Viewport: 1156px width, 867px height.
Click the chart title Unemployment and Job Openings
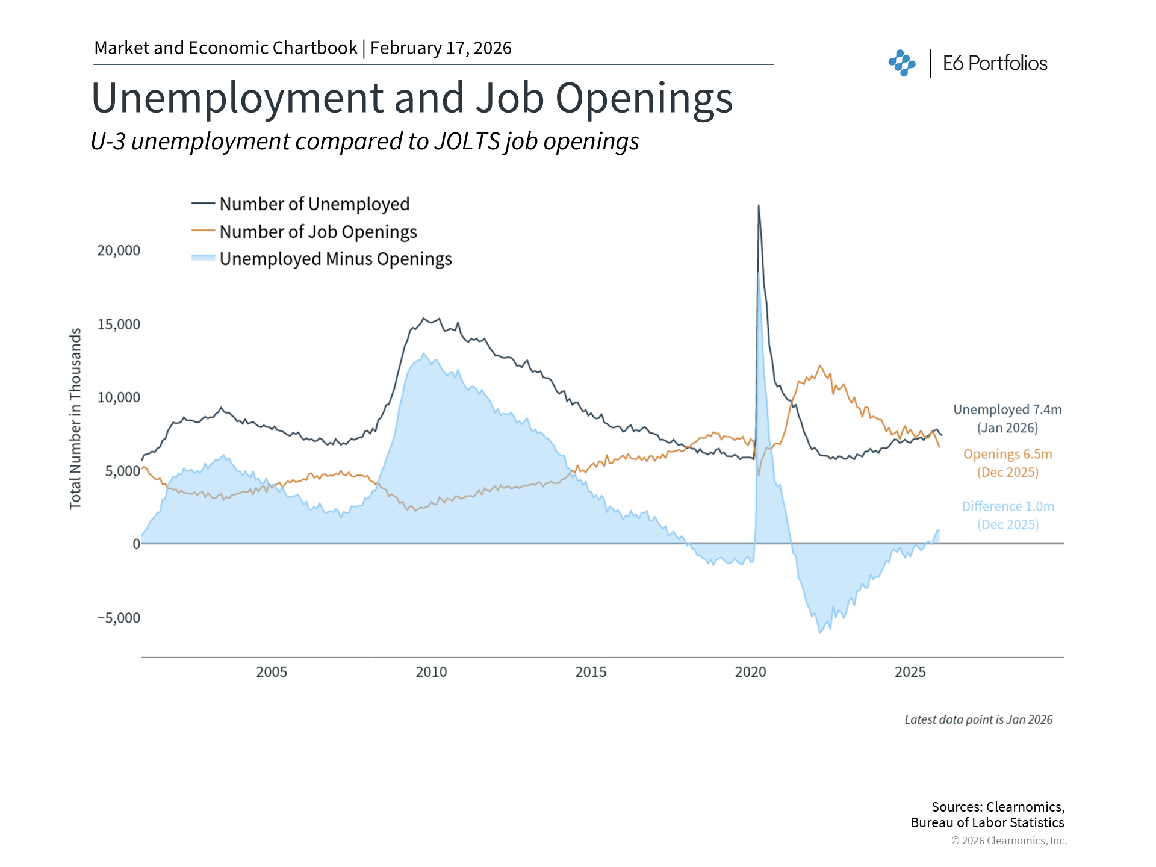pos(412,98)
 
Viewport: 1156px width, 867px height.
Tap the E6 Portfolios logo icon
pos(901,63)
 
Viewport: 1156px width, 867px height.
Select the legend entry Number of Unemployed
pos(314,204)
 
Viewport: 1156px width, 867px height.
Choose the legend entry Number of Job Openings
pos(317,232)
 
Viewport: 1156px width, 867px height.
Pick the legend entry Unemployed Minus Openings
pos(335,259)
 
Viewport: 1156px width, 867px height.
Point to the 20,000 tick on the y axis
pos(119,250)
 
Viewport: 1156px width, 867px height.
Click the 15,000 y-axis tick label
pos(119,325)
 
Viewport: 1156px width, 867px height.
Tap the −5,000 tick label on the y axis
pos(119,618)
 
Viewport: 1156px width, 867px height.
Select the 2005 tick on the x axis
pos(272,672)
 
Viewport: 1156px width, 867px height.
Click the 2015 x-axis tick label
pos(591,672)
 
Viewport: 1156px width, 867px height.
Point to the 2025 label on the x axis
pos(910,672)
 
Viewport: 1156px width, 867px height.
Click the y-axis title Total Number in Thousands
pos(75,418)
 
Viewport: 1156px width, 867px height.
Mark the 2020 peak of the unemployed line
pos(759,206)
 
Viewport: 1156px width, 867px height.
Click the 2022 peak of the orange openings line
pos(819,366)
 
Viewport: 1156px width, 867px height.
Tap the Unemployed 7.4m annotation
pos(1007,410)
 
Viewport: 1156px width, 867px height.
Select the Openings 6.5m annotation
pos(1007,455)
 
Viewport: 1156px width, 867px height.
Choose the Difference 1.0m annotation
pos(1008,507)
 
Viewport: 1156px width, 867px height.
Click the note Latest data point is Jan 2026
pos(978,719)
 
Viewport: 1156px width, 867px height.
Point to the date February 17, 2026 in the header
pos(441,48)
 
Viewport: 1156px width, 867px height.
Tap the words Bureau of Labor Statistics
pos(987,823)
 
